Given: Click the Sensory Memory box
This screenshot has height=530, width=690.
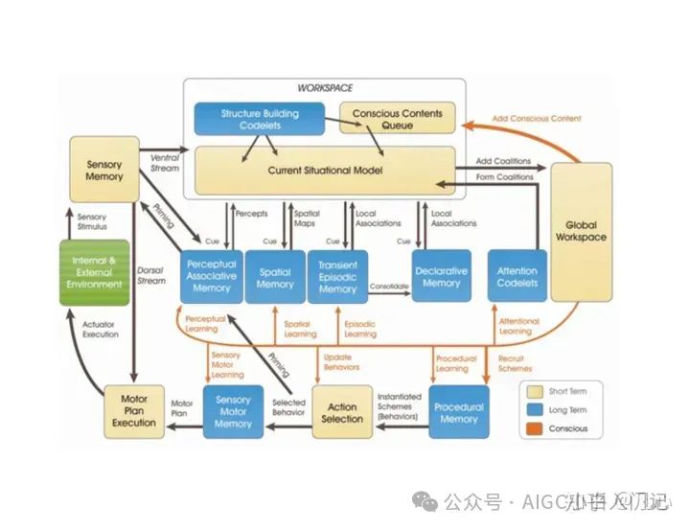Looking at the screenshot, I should [x=104, y=171].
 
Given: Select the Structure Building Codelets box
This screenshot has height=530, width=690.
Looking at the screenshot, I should [x=260, y=119].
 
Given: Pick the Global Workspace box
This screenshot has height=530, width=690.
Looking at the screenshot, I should [x=582, y=230].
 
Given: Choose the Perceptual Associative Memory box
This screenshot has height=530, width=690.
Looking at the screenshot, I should [x=210, y=276].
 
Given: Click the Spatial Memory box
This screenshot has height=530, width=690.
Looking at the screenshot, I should [x=275, y=277].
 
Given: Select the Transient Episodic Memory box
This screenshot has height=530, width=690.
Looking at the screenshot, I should [x=337, y=276].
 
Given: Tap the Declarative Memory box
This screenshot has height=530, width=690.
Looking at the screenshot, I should [x=441, y=277].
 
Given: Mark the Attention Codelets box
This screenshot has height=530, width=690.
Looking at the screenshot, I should [x=517, y=277].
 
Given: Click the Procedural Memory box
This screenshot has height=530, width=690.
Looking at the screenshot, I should [x=458, y=411].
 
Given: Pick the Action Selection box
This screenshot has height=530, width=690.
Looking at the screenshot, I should [x=342, y=412].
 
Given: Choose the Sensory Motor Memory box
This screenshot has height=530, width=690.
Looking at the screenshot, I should [x=233, y=412].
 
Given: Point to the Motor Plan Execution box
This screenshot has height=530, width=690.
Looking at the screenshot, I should [x=134, y=409].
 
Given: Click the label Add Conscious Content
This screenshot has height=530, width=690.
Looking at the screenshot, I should [x=536, y=119].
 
